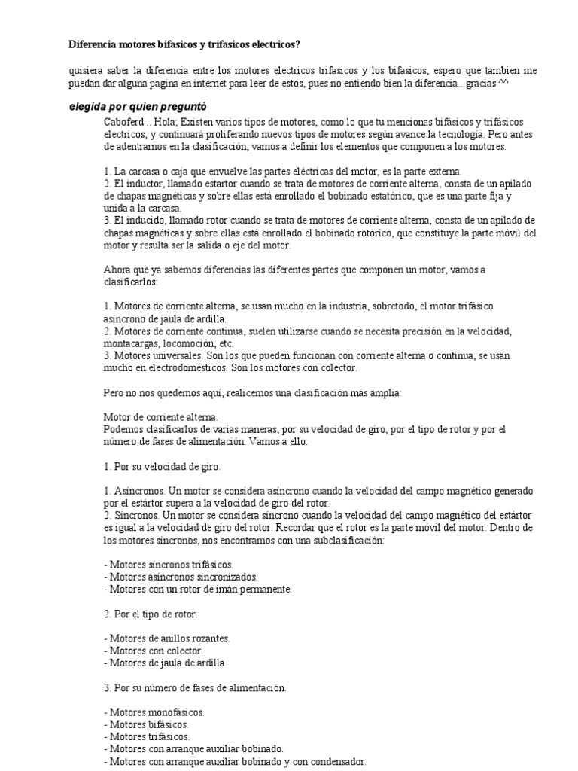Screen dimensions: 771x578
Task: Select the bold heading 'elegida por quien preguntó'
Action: tap(137, 107)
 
